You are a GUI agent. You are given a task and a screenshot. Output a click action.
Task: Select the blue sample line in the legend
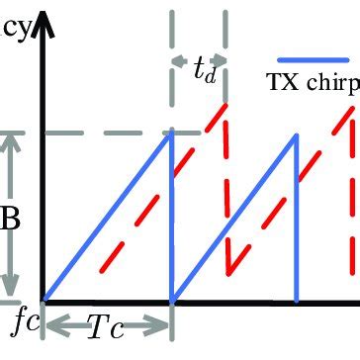coord(314,59)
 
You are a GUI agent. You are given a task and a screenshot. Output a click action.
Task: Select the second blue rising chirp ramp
coord(234,217)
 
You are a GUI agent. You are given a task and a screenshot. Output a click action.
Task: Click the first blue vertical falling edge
coord(171,218)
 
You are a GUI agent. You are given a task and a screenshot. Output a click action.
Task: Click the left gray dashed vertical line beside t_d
coord(172,59)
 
